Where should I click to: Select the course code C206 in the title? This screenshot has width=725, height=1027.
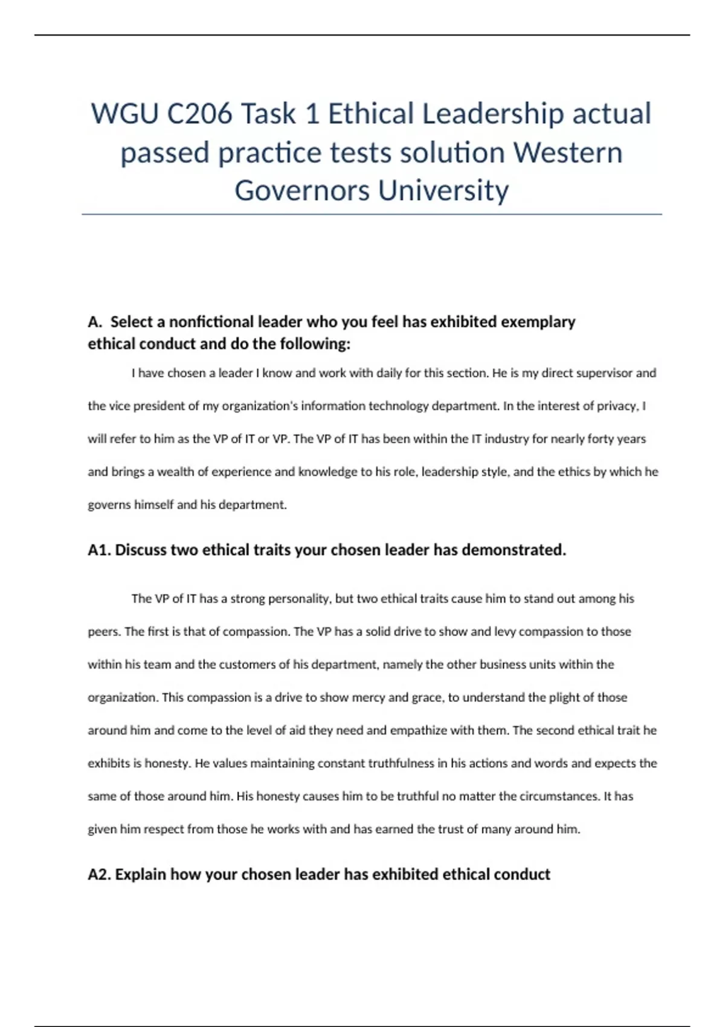[x=199, y=114]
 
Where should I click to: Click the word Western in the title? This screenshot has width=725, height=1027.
[x=568, y=152]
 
